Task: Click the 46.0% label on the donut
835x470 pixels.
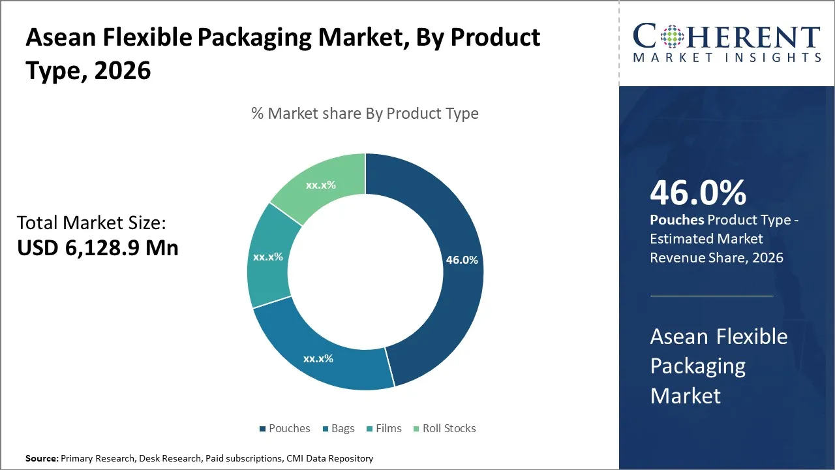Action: pyautogui.click(x=462, y=260)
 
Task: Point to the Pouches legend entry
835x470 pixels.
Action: pyautogui.click(x=284, y=429)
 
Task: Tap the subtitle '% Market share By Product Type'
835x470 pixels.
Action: pyautogui.click(x=365, y=114)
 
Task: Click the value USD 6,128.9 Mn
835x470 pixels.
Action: pyautogui.click(x=98, y=248)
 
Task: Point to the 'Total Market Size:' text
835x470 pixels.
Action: pyautogui.click(x=91, y=223)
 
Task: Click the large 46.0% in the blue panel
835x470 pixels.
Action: pyautogui.click(x=698, y=193)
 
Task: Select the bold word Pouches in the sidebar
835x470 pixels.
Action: pyautogui.click(x=676, y=221)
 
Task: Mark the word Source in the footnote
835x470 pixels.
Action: pyautogui.click(x=41, y=459)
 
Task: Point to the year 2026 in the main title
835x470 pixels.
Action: pyautogui.click(x=123, y=70)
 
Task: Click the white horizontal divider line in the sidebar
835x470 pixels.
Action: pyautogui.click(x=712, y=296)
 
